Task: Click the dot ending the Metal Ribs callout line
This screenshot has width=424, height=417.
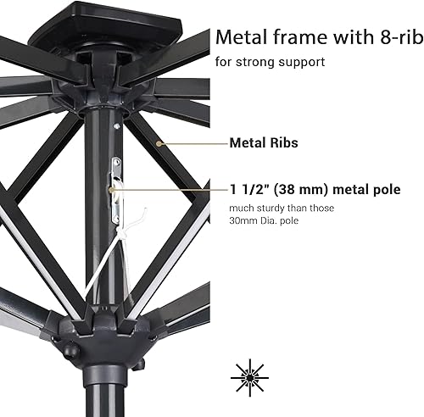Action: click(170, 142)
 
